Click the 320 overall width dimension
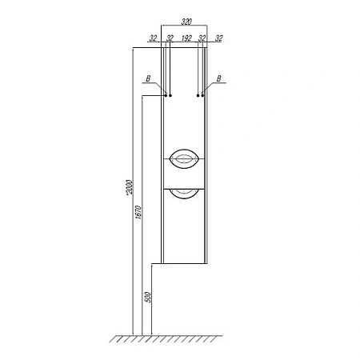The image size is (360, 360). (x=186, y=22)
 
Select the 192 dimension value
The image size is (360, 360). (x=186, y=38)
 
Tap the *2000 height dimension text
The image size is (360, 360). (x=129, y=187)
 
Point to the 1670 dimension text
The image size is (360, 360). (x=138, y=212)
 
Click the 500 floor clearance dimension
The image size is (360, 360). (x=147, y=298)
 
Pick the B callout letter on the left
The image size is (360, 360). (x=148, y=78)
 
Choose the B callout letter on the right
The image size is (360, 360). (x=218, y=78)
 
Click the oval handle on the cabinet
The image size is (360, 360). (x=184, y=159)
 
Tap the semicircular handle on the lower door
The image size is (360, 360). (x=184, y=194)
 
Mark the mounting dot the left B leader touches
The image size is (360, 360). (x=166, y=95)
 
